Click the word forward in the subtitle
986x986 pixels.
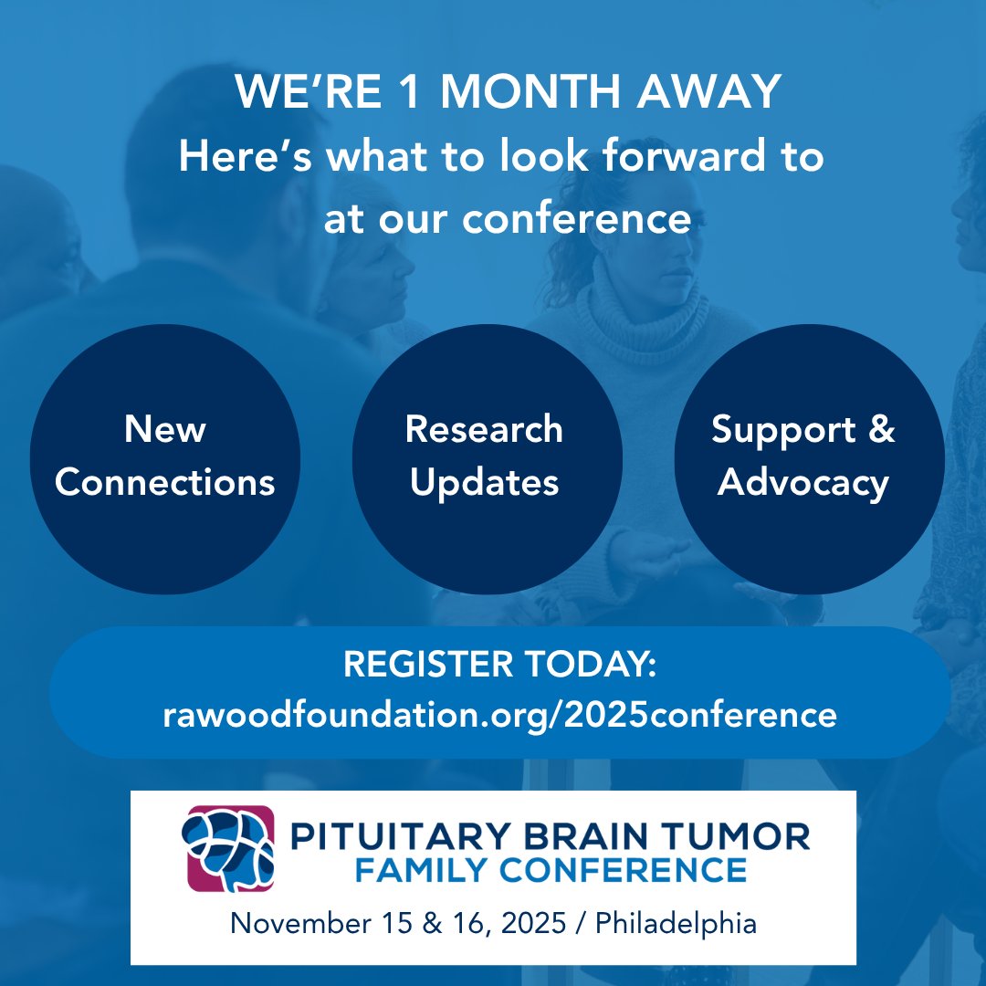pyautogui.click(x=661, y=156)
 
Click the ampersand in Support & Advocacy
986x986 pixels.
pyautogui.click(x=880, y=429)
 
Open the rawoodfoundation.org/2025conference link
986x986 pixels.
pyautogui.click(x=499, y=714)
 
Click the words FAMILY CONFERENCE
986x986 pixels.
pyautogui.click(x=550, y=870)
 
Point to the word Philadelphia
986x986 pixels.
pyautogui.click(x=676, y=923)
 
